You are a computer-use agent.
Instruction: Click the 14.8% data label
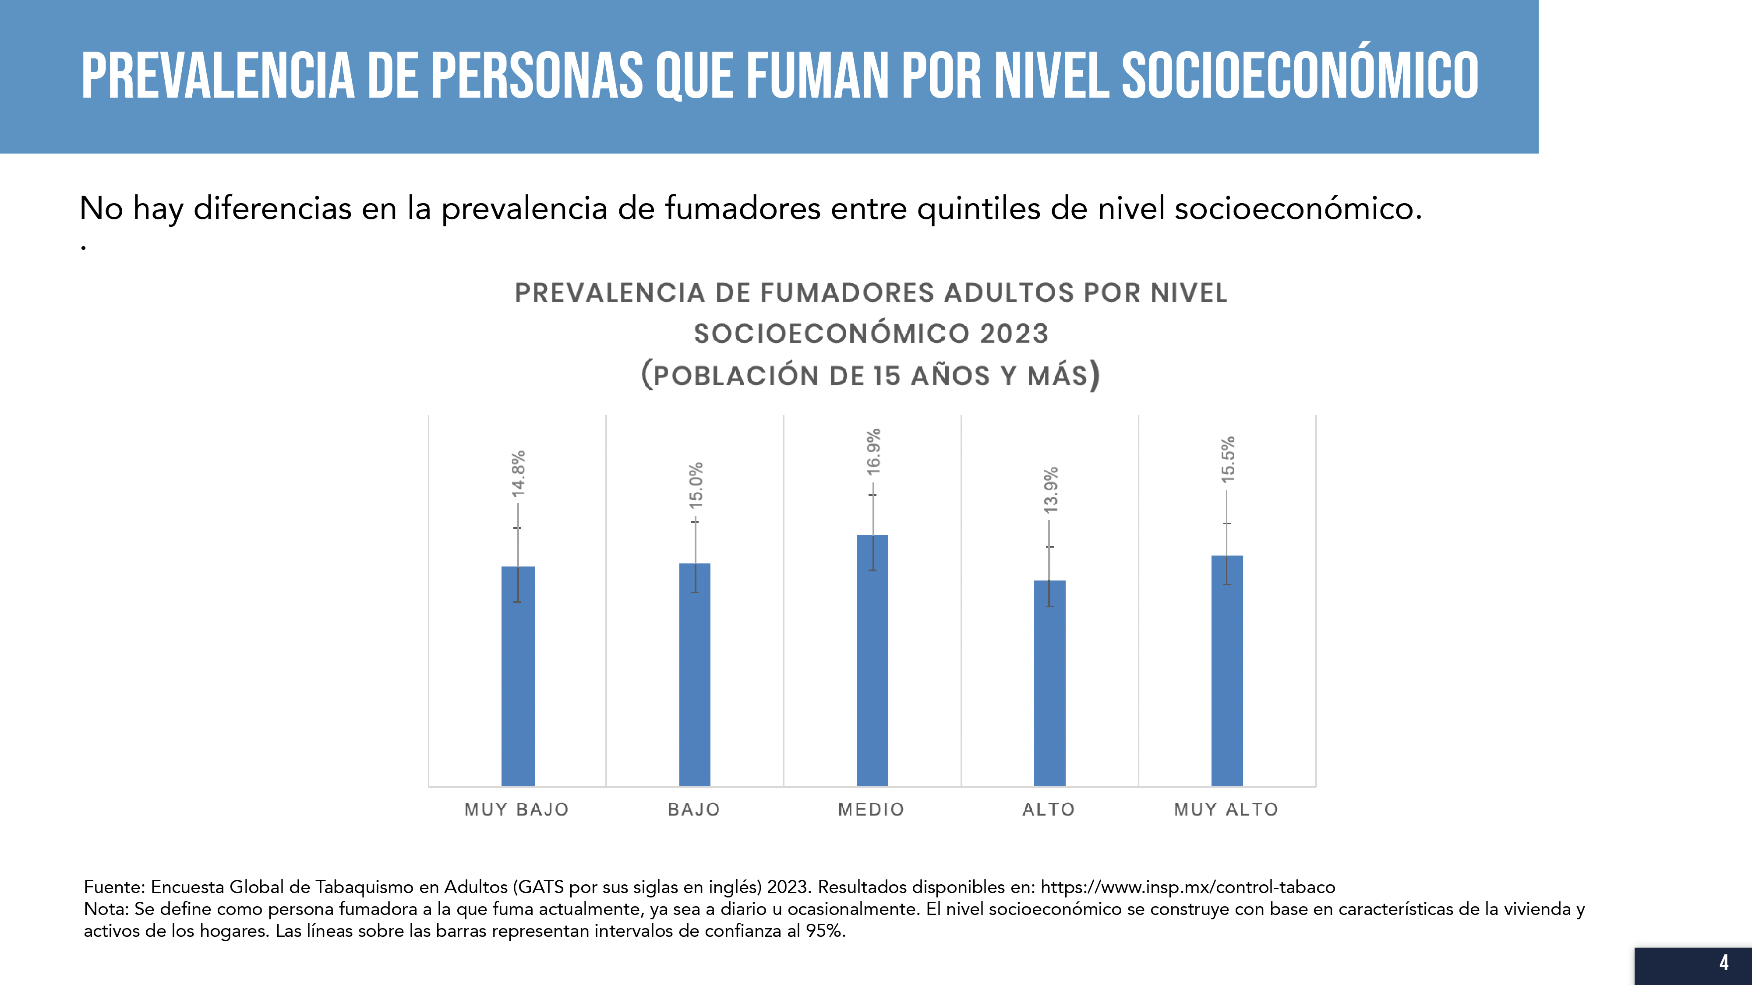point(518,473)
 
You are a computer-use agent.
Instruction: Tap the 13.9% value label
point(1051,489)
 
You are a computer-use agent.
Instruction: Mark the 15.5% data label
point(1228,460)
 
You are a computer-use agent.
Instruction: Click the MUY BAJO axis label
point(516,809)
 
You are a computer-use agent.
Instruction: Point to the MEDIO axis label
point(871,809)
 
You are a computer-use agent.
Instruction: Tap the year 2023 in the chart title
point(1014,334)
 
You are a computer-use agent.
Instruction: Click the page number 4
point(1724,963)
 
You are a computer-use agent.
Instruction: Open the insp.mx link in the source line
point(1187,887)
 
